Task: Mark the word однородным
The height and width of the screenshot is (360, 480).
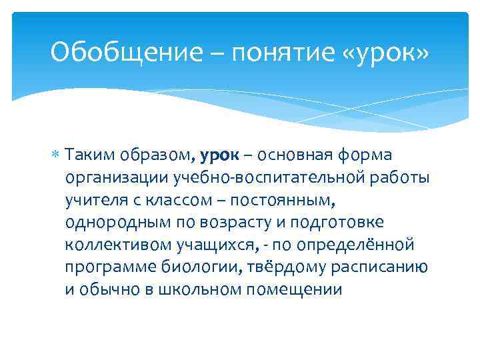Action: pyautogui.click(x=113, y=222)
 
